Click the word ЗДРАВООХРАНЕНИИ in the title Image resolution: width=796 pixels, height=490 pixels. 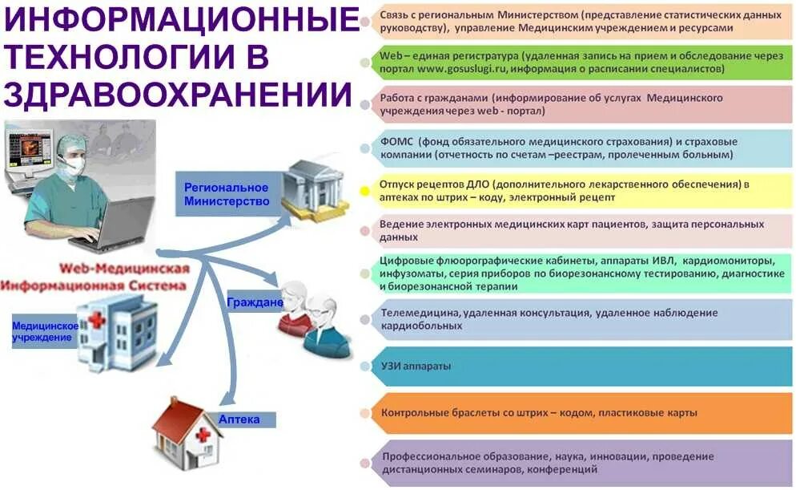tap(178, 94)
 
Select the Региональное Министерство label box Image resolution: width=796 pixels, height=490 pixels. tap(227, 193)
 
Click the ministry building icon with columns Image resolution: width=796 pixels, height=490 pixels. tap(316, 190)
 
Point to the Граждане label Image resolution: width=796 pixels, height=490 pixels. tap(255, 302)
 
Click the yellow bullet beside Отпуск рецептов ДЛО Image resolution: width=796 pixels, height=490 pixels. tap(365, 191)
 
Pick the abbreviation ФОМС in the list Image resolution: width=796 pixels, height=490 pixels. tap(397, 141)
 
